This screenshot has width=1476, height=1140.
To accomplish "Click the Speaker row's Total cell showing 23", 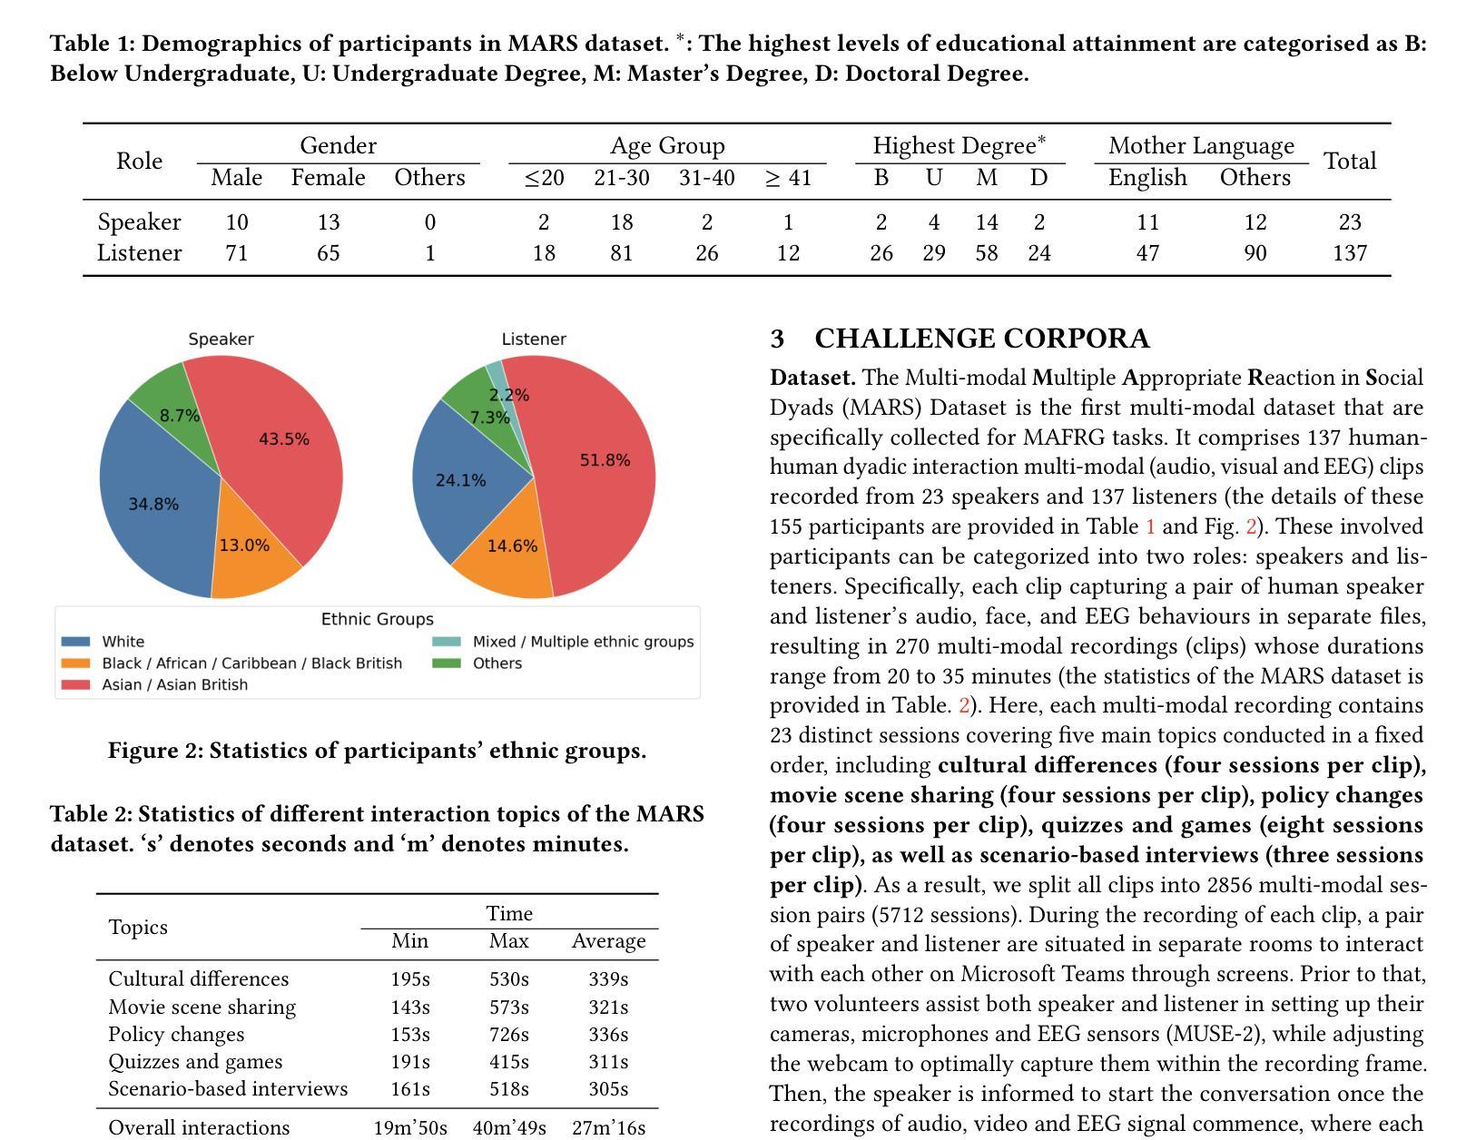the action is [1349, 222].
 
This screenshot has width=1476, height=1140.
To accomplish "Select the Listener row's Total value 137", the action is [1349, 252].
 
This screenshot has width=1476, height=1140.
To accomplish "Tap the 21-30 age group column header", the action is [621, 177].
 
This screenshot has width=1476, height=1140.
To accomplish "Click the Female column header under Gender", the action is [328, 177].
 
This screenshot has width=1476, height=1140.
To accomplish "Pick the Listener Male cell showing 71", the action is [236, 252].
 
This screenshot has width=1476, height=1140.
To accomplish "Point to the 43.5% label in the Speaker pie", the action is [284, 439].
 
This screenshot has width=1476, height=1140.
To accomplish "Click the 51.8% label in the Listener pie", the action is [605, 460].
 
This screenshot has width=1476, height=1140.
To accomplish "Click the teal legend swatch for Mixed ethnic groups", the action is [447, 642].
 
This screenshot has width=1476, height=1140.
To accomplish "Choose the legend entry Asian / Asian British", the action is [174, 684].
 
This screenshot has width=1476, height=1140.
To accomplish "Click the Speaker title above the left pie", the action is [221, 339].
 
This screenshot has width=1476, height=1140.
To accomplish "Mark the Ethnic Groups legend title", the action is [377, 618].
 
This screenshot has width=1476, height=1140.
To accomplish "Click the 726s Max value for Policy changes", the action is [508, 1034].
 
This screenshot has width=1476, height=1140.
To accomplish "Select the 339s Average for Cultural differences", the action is [608, 979].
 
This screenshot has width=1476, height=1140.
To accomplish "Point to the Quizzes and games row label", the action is [195, 1061].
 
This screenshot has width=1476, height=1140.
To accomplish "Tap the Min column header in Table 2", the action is [409, 940].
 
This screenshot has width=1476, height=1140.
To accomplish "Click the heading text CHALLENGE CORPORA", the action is [982, 339].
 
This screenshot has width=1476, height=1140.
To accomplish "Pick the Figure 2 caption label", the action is [155, 751].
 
